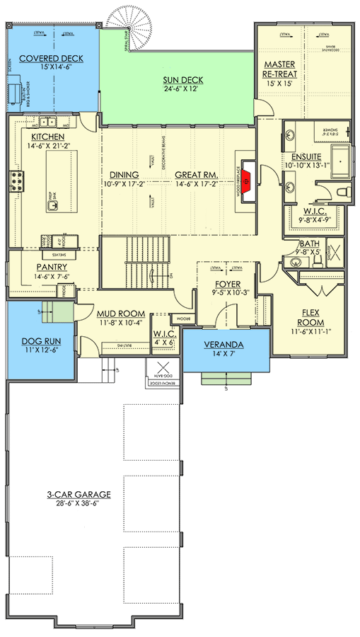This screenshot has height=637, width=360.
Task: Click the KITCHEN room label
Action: click(x=47, y=136)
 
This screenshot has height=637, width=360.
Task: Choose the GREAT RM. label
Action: click(x=196, y=174)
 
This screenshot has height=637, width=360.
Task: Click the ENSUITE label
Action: click(x=302, y=156)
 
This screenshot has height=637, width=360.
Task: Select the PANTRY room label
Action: click(x=51, y=267)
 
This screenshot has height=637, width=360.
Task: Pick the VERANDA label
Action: click(x=226, y=345)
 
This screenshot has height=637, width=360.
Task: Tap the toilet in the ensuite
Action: click(x=341, y=193)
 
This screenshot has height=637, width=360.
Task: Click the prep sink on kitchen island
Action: click(x=53, y=206)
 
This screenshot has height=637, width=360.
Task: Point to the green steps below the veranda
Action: click(x=226, y=379)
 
